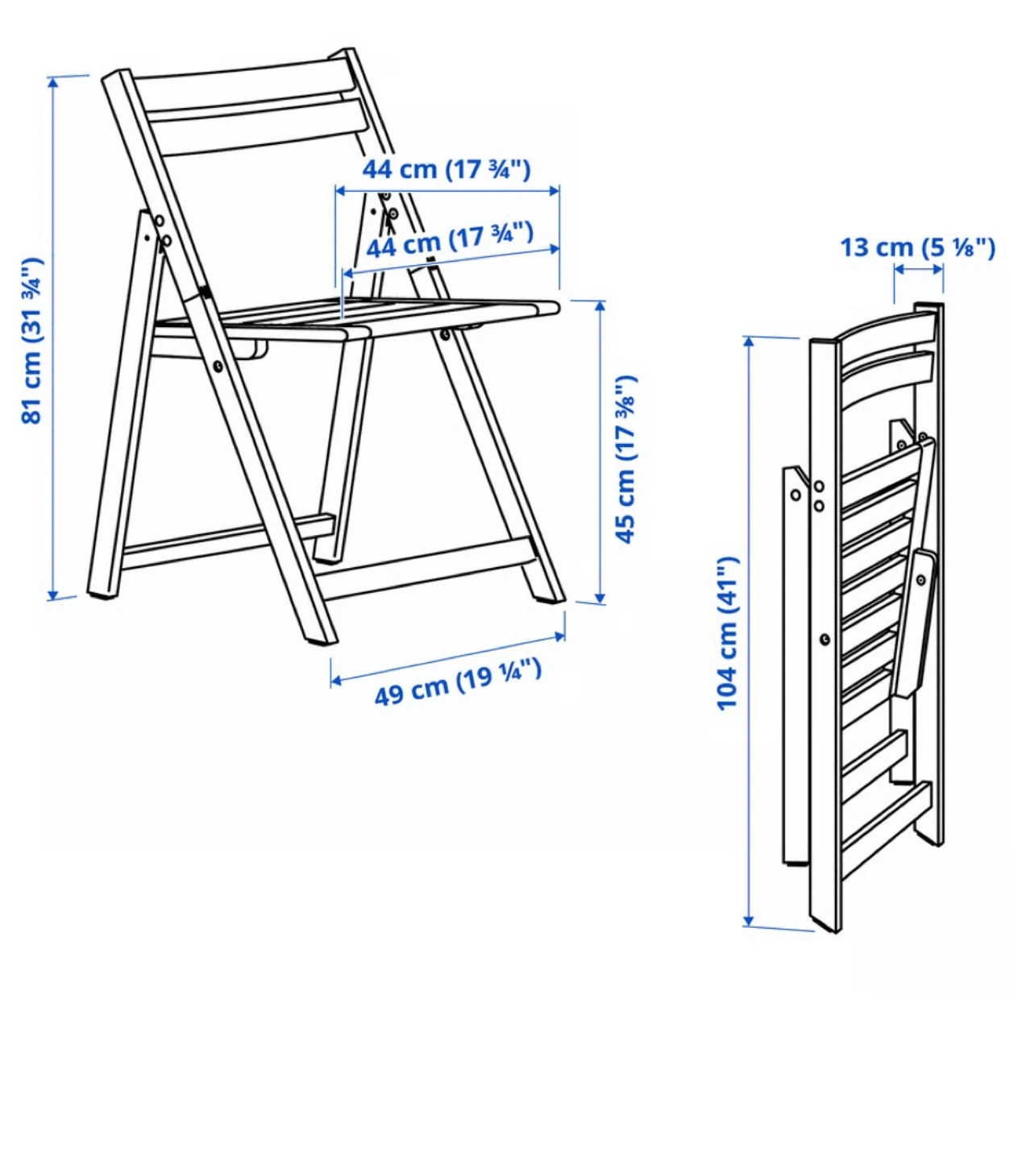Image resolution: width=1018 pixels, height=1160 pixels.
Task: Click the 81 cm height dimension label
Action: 31,342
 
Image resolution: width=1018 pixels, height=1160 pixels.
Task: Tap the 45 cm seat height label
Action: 625,458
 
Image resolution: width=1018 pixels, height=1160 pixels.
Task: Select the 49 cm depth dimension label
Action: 458,682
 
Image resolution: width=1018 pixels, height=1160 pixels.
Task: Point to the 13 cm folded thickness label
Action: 917,247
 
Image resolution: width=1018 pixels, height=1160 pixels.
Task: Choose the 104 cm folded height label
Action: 728,633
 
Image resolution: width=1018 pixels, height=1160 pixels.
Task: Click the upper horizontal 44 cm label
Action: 447,169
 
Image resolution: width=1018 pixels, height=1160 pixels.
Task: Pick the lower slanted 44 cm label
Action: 450,240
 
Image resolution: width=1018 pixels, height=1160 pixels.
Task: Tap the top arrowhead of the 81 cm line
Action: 53,82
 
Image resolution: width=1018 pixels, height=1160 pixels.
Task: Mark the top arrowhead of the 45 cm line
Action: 600,306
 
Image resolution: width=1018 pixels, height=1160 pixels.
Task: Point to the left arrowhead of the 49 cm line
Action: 336,680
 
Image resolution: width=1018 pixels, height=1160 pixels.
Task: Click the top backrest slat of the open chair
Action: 244,83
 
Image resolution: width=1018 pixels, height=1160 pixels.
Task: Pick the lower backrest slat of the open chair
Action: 258,127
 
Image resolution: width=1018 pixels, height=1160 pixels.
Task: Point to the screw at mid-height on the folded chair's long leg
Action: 825,638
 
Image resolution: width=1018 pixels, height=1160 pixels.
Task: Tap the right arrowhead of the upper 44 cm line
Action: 554,191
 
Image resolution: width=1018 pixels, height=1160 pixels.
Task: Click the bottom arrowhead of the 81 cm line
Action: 53,594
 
